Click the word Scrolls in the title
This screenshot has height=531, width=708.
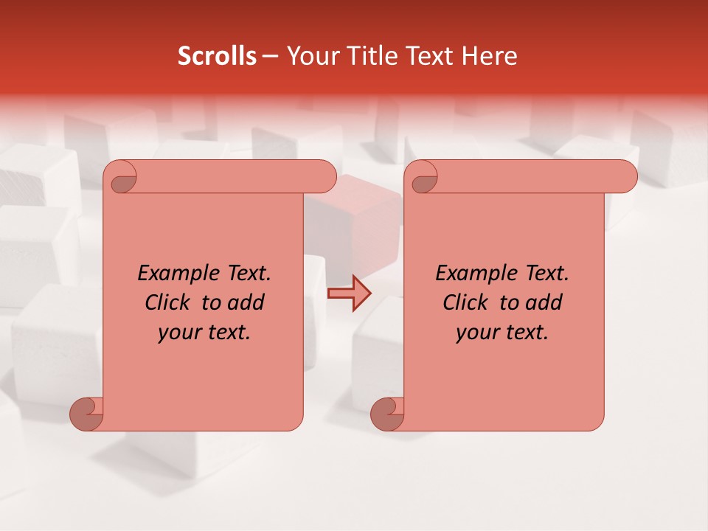click(217, 56)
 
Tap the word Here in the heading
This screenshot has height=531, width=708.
click(490, 56)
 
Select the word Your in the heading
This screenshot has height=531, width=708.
click(310, 56)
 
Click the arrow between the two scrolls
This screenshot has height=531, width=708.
click(350, 294)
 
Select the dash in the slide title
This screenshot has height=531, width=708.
click(270, 56)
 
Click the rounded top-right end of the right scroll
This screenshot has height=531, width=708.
click(625, 176)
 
